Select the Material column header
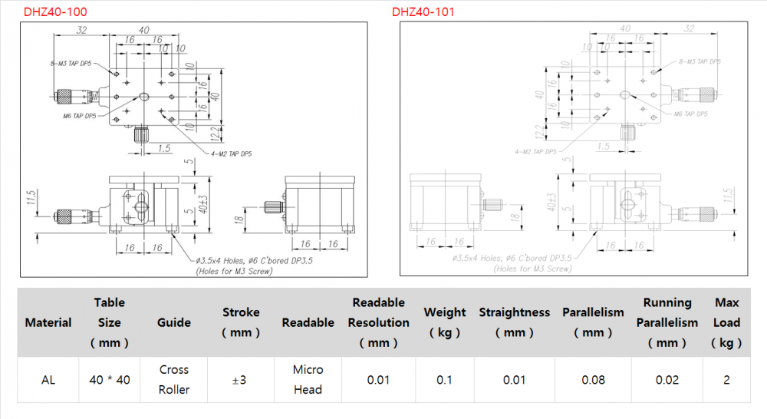[48, 322]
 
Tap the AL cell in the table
[48, 379]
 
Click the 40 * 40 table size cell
[110, 379]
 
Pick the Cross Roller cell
[174, 379]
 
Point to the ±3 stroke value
[241, 379]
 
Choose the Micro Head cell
[308, 379]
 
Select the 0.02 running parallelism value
[667, 379]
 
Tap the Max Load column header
[726, 322]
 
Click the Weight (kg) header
[445, 322]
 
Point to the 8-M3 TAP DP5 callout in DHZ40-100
[71, 64]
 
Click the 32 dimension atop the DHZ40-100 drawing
[81, 30]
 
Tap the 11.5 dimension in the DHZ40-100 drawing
[31, 198]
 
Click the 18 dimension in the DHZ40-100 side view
[240, 220]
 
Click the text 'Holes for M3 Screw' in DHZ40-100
[235, 270]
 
